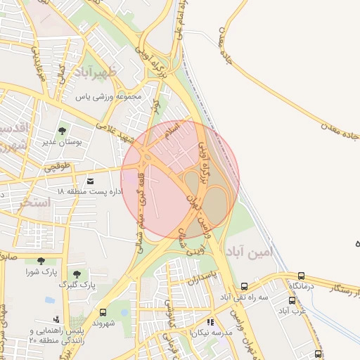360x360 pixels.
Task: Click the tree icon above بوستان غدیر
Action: [63, 130]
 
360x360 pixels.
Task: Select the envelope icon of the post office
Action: [90, 181]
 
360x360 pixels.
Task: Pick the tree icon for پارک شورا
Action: [40, 261]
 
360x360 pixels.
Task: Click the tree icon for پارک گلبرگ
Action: [76, 274]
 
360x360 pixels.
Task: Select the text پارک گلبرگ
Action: [79, 285]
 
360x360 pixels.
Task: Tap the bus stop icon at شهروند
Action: [103, 312]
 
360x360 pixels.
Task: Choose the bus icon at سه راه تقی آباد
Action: [244, 286]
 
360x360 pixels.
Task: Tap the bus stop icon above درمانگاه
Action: [302, 276]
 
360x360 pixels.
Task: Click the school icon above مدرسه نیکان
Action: [210, 322]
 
